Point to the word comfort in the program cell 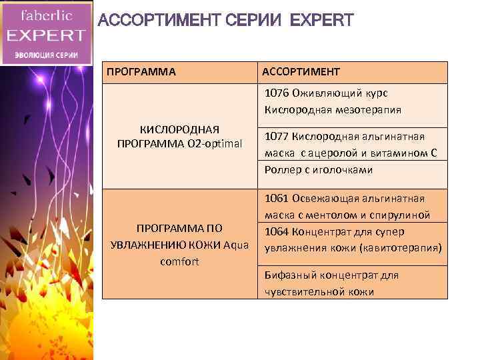(x=179, y=261)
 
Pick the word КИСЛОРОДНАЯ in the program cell (x=179, y=129)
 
